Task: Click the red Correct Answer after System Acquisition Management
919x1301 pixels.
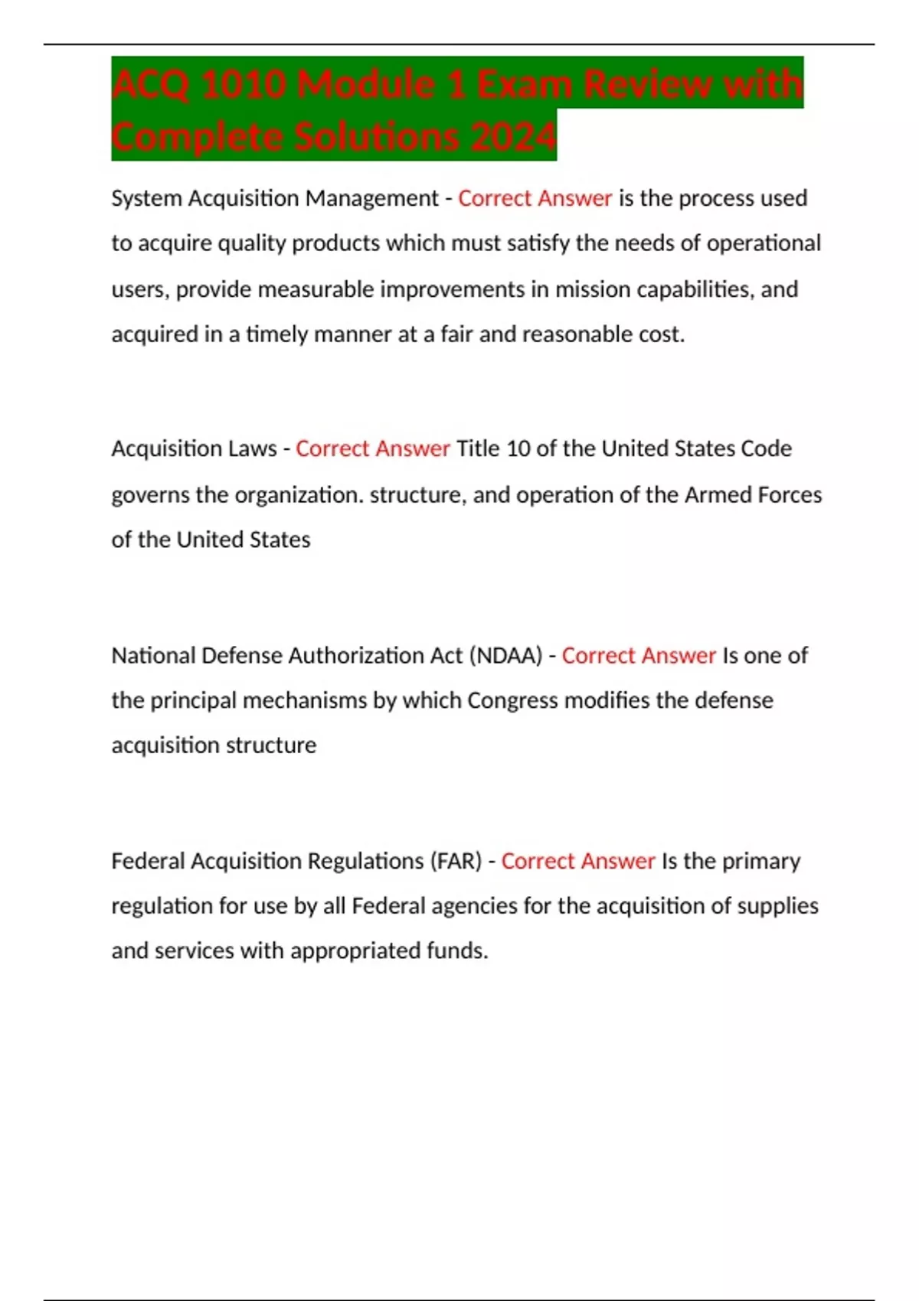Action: point(535,198)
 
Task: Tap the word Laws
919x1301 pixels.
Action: point(254,448)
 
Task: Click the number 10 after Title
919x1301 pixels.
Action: point(518,448)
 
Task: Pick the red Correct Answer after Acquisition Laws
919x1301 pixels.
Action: point(372,448)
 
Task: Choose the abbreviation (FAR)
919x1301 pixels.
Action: point(456,861)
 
